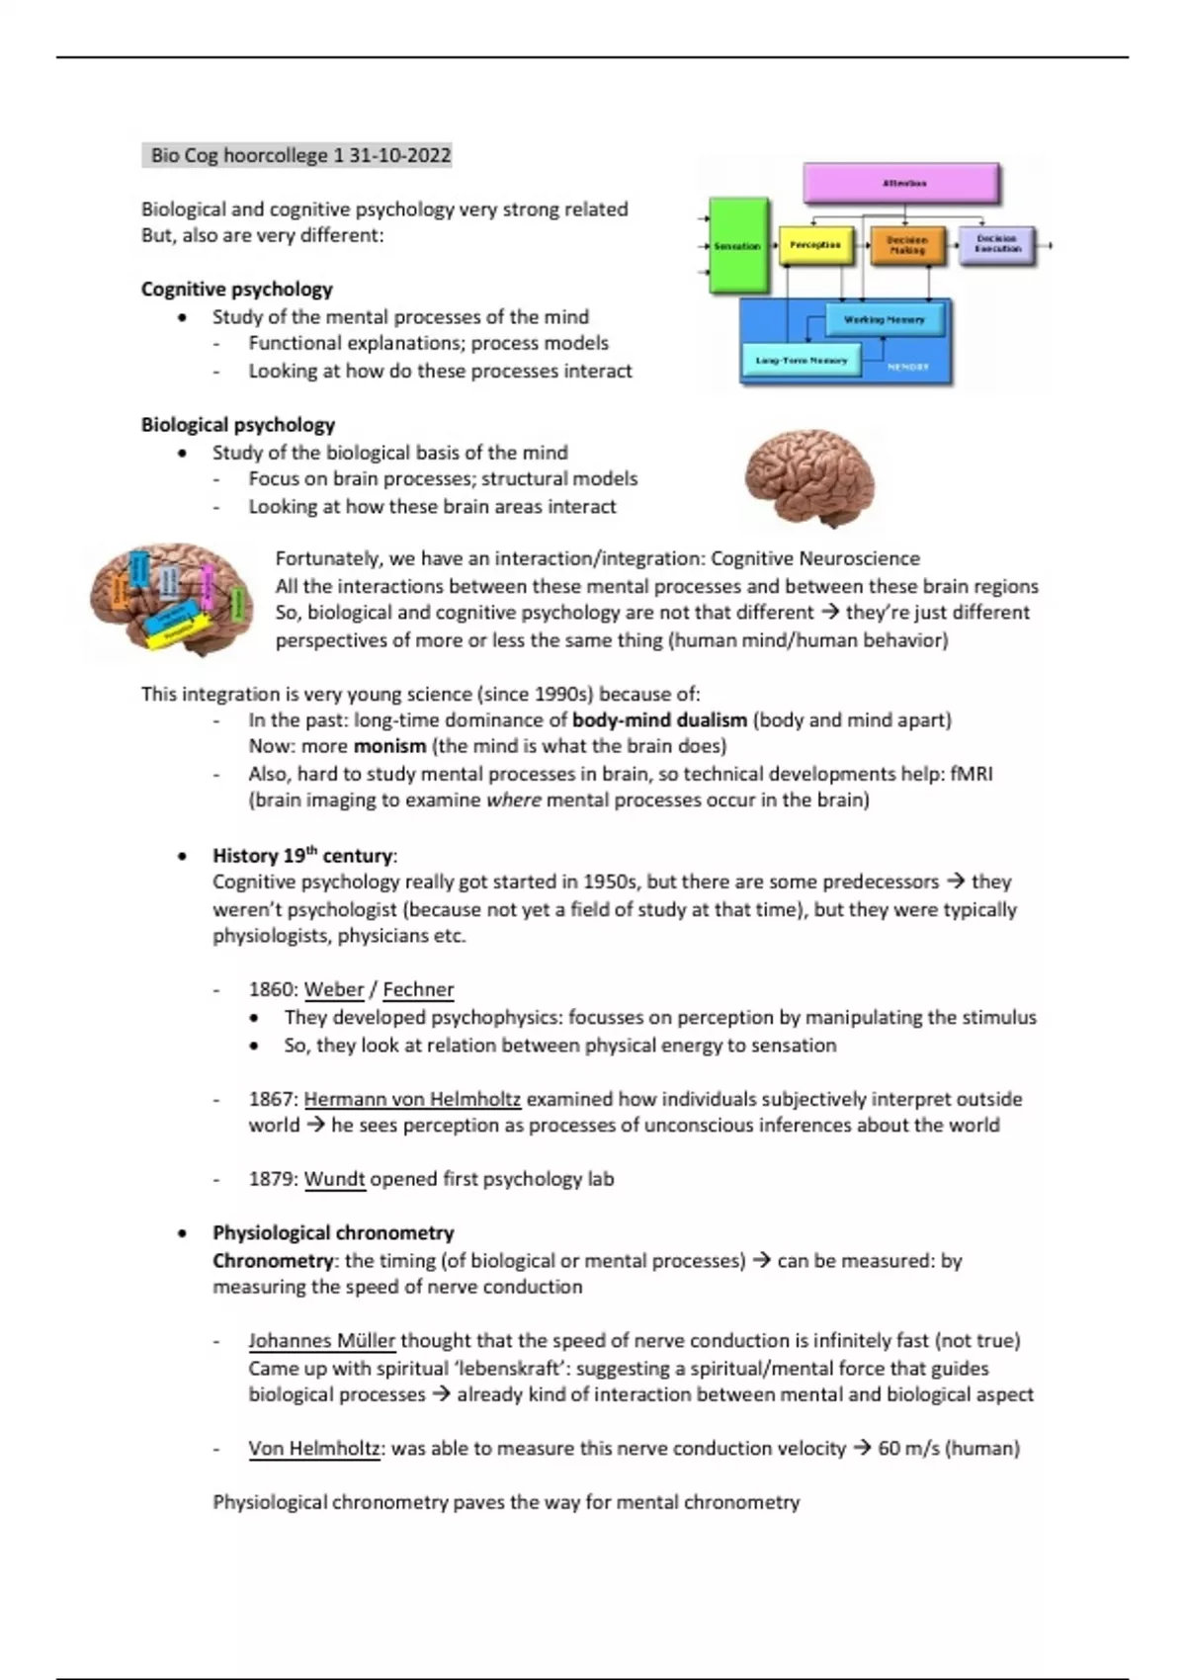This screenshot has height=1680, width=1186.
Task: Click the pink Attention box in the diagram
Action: pos(900,184)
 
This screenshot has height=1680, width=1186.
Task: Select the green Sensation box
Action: pos(738,245)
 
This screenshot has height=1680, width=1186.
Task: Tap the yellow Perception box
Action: pos(815,245)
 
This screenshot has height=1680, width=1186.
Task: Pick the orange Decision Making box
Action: pos(906,245)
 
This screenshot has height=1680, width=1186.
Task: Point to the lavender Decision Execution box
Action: pos(996,245)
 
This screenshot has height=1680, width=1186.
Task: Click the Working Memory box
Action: pos(884,320)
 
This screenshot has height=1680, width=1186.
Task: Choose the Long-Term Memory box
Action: pos(802,361)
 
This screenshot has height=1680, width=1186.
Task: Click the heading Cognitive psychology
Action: pos(236,290)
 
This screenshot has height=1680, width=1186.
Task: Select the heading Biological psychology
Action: pos(237,425)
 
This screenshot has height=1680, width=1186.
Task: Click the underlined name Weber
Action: pos(334,990)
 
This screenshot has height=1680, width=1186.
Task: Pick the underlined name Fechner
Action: pos(418,990)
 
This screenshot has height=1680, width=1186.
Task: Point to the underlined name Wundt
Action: pos(334,1179)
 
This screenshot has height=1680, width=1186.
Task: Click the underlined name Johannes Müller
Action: pos(321,1341)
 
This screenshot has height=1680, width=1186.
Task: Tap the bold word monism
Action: pos(389,746)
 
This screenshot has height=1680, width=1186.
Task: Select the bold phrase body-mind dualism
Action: pos(659,720)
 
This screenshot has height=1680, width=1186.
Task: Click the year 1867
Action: pos(273,1099)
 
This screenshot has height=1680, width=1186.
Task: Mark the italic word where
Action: pos(513,800)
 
